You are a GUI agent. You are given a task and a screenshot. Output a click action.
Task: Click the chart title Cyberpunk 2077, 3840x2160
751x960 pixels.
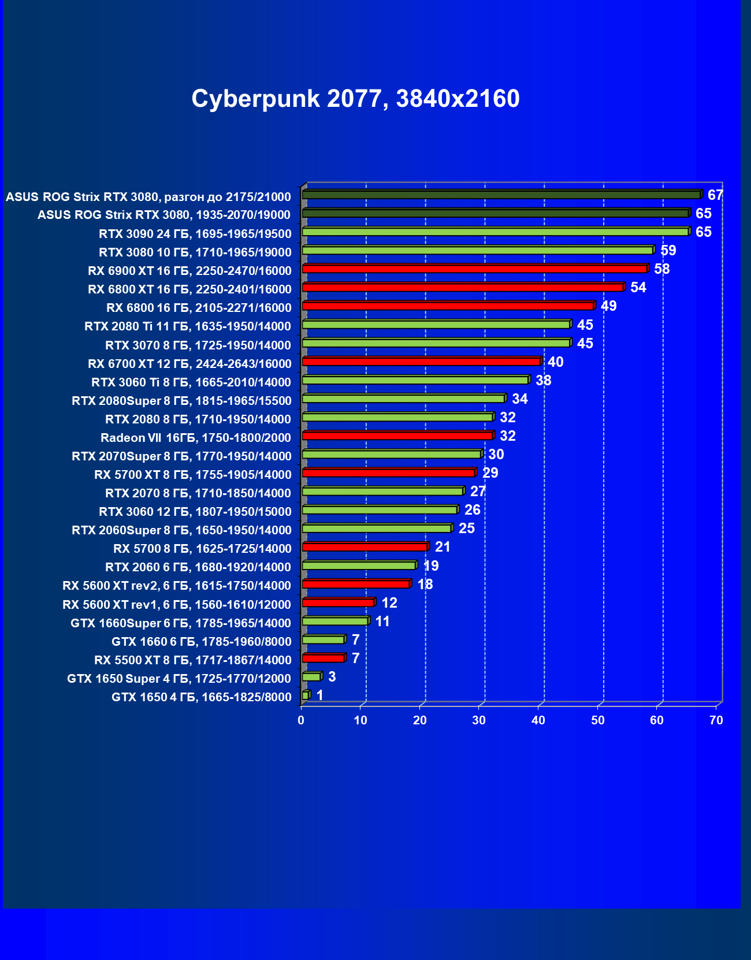(355, 99)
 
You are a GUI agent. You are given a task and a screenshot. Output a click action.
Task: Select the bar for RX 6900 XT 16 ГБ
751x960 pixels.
(474, 269)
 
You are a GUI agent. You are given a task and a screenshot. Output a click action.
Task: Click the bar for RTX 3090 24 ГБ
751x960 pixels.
(495, 232)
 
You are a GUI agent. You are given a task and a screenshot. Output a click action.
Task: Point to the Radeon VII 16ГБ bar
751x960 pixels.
(397, 436)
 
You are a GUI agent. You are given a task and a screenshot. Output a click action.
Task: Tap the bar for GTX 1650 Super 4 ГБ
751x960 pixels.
(311, 676)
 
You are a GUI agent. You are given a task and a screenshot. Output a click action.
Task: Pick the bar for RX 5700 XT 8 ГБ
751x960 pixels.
(388, 472)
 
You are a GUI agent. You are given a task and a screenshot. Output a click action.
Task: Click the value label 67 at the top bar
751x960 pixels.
(715, 195)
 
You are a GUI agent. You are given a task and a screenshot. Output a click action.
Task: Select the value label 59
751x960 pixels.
(668, 251)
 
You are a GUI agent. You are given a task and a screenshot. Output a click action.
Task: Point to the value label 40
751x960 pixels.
(555, 362)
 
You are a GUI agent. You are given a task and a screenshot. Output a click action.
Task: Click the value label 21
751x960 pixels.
(443, 547)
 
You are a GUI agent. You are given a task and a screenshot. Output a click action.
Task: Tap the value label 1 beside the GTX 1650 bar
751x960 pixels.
(319, 695)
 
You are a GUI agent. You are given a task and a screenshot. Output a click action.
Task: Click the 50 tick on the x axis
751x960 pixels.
(597, 720)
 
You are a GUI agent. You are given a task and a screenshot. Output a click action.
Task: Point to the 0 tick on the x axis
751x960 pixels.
(301, 720)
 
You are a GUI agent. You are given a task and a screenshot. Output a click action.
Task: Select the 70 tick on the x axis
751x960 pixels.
(716, 720)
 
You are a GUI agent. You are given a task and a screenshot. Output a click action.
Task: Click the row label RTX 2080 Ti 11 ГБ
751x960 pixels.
(188, 326)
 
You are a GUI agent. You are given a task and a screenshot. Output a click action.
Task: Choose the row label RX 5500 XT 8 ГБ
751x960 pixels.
(193, 660)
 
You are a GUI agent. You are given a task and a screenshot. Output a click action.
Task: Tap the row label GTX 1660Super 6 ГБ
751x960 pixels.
(181, 623)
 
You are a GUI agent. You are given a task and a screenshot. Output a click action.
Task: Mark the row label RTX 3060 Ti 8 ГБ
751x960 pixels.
(191, 382)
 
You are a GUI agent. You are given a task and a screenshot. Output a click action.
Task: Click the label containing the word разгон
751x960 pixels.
(148, 197)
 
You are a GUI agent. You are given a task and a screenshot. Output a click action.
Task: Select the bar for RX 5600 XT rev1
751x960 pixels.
(338, 602)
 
